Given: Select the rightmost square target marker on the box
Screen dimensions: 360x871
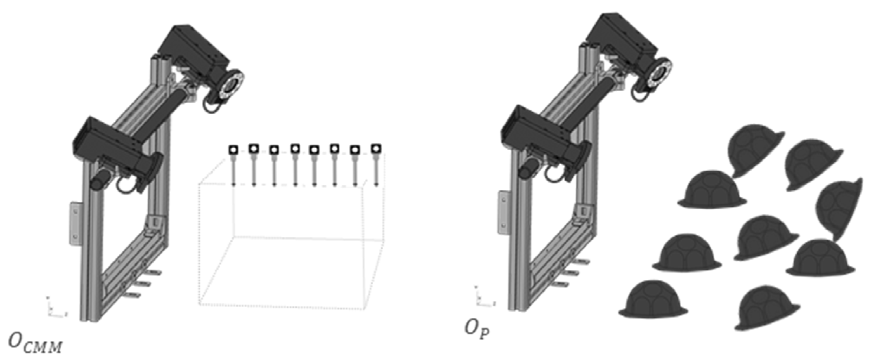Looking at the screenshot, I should (x=376, y=148).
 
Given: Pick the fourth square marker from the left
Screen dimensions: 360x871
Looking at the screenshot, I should (x=295, y=149).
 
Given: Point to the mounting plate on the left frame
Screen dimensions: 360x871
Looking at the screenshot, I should (x=76, y=223).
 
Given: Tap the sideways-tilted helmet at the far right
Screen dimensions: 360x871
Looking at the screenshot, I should (x=840, y=209).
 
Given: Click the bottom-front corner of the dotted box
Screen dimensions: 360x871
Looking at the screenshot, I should (x=200, y=303).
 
